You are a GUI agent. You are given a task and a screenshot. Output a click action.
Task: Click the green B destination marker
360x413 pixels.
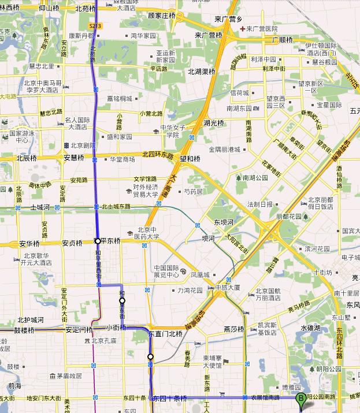(x=300, y=399)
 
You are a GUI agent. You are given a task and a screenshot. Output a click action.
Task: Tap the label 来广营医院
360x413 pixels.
(x=262, y=28)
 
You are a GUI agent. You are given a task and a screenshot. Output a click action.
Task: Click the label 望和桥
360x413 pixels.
(x=190, y=158)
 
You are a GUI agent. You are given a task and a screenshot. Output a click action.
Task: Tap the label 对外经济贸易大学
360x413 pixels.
(x=146, y=191)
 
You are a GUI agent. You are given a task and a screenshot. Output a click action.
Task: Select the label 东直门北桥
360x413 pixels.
(x=165, y=334)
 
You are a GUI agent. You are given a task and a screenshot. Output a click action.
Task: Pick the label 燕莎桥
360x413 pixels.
(x=234, y=329)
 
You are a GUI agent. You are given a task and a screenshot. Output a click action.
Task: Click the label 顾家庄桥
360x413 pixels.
(x=161, y=16)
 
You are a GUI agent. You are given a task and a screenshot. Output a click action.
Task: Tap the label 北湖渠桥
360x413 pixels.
(x=201, y=72)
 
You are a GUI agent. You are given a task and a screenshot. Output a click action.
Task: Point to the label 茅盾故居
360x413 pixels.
(x=69, y=376)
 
